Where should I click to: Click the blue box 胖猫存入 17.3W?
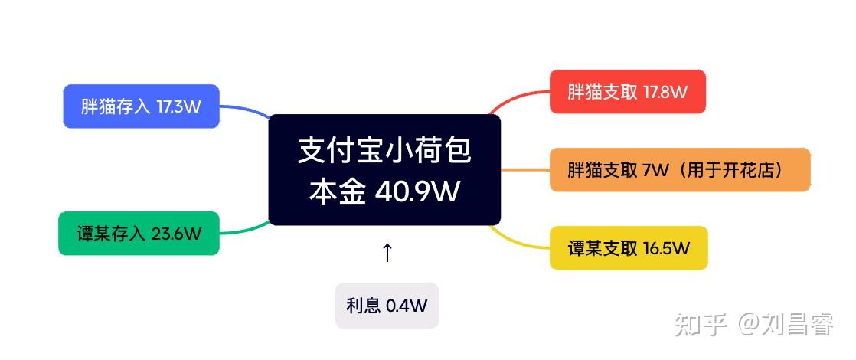[142, 106]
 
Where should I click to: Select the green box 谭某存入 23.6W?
[139, 234]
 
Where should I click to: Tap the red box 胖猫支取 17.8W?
[628, 92]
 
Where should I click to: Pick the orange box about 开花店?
[680, 170]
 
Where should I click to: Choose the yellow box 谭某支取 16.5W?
[629, 248]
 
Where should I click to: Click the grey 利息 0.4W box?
[387, 306]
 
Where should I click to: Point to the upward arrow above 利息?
[387, 252]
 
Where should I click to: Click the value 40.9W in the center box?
[417, 191]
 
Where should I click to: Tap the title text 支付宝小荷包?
[385, 150]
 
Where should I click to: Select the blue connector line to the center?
[245, 110]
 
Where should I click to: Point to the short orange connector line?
[525, 170]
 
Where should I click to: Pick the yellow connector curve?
[517, 241]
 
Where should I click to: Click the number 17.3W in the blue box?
[178, 106]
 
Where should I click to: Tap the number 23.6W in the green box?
[176, 234]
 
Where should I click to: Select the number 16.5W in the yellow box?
[667, 249]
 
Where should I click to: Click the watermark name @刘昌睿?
[786, 325]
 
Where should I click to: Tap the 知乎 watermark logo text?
[701, 325]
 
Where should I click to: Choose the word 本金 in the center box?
[337, 191]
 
